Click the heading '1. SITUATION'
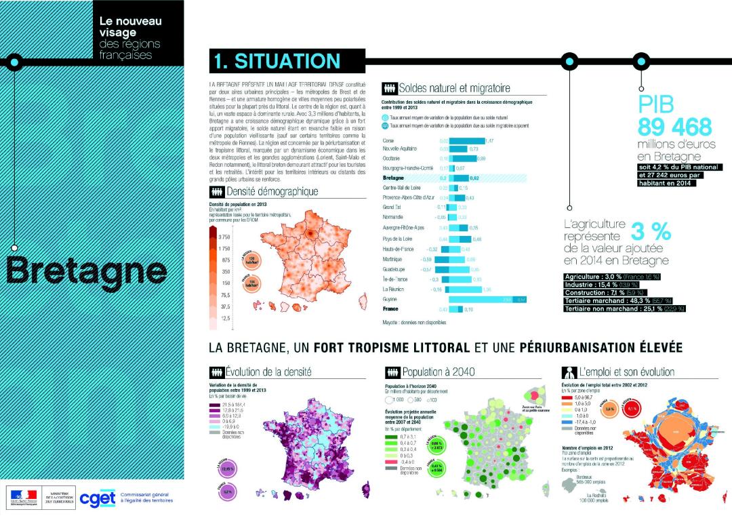pos(277,61)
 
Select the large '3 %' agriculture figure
pos(651,231)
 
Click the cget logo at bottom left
pos(98,498)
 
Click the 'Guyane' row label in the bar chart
pos(390,298)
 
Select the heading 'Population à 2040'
pos(438,372)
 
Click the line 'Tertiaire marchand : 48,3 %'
pos(618,300)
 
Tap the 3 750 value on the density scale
pos(224,237)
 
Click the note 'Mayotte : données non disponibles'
pos(413,323)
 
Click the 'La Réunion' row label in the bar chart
pos(394,289)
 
